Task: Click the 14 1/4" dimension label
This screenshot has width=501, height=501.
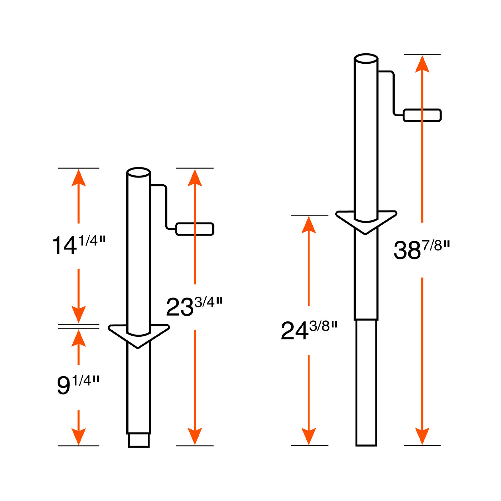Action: click(x=79, y=245)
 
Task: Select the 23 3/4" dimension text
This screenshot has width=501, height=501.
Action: click(x=194, y=306)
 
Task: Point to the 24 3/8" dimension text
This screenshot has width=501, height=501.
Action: click(x=309, y=330)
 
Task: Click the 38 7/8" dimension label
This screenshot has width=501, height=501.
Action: click(x=422, y=249)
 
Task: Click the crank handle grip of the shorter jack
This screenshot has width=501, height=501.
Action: click(x=195, y=229)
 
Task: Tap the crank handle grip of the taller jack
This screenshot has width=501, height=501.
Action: click(x=422, y=115)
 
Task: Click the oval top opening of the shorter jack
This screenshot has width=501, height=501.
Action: click(x=138, y=172)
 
